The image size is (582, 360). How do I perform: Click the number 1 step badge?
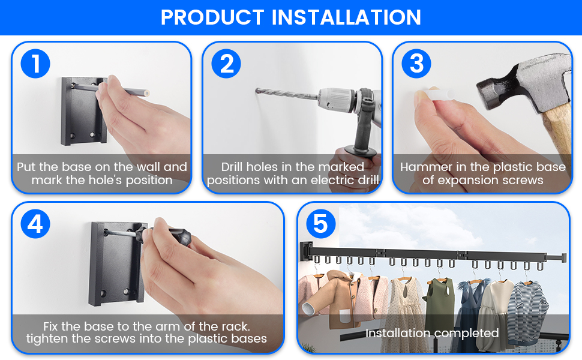click(35, 64)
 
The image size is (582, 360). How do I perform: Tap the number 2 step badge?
click(226, 64)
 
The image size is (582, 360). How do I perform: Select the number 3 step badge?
click(416, 64)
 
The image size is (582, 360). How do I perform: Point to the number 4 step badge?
click(35, 224)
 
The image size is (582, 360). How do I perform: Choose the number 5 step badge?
click(321, 224)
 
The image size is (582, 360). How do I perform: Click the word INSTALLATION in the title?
click(346, 17)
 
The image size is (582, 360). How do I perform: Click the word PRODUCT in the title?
click(212, 17)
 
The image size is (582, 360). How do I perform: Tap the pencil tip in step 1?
click(147, 93)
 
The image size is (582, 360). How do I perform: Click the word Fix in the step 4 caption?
click(51, 326)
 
